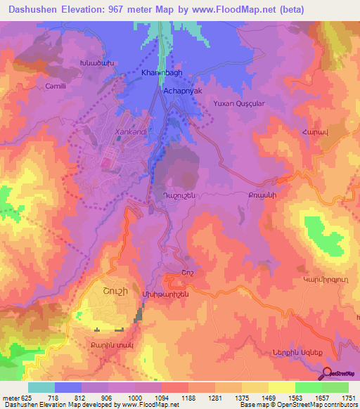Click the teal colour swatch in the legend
click(x=41, y=387)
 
